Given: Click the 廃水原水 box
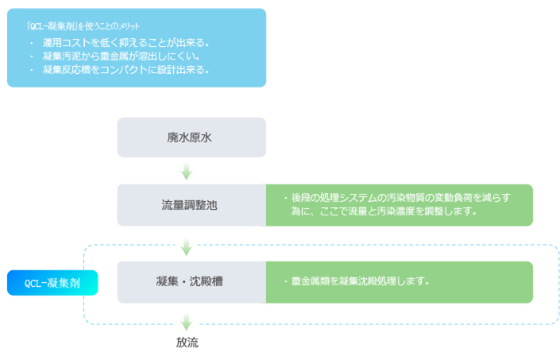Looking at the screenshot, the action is point(191,137).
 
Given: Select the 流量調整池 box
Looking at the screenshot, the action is point(191,205).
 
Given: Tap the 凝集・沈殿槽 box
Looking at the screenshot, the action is point(191,282).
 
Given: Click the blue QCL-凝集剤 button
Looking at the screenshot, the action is point(52,283).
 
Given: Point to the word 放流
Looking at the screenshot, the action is point(187,343).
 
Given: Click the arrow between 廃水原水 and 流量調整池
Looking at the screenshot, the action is point(187,171).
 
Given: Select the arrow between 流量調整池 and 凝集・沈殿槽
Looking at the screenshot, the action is point(187,247).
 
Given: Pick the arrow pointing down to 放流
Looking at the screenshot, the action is point(187,322).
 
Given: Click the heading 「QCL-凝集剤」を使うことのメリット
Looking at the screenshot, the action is point(83,26).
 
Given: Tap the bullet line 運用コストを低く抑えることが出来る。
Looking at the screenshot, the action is point(126,43).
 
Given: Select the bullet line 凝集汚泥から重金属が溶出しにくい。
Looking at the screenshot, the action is point(122,56).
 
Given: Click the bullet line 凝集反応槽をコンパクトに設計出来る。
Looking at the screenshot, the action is point(126,70).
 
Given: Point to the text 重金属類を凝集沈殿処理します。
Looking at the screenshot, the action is point(361,281).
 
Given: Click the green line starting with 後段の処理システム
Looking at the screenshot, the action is point(400,198).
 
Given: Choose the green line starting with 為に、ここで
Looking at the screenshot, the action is point(384,211).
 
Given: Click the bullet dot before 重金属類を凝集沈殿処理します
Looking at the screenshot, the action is point(286,281).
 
